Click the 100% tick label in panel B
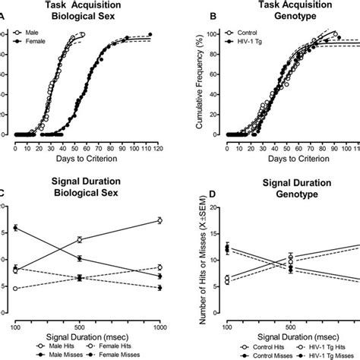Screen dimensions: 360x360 pyautogui.click(x=213, y=34)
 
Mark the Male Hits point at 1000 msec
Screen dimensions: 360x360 pyautogui.click(x=159, y=220)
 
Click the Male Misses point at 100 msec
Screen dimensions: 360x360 pyautogui.click(x=17, y=228)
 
